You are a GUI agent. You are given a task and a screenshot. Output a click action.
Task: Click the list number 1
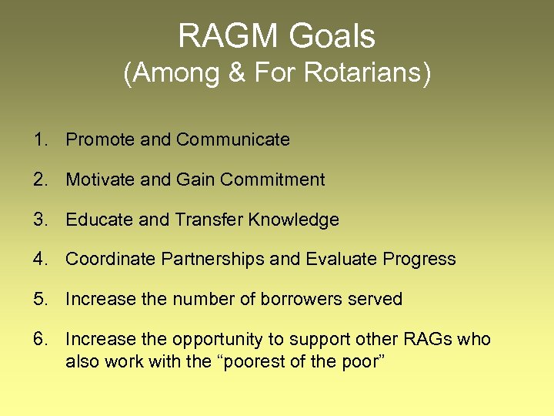pyautogui.click(x=39, y=139)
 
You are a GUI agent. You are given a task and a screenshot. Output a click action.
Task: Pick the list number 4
pyautogui.click(x=39, y=259)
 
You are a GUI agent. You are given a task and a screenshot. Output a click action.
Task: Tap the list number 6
pyautogui.click(x=39, y=339)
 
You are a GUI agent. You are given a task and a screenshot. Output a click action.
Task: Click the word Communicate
pyautogui.click(x=233, y=139)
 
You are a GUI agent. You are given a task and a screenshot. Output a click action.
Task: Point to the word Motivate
pyautogui.click(x=100, y=179)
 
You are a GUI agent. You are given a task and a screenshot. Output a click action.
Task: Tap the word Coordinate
pyautogui.click(x=111, y=259)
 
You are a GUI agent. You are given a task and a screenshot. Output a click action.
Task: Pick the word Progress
pyautogui.click(x=422, y=259)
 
